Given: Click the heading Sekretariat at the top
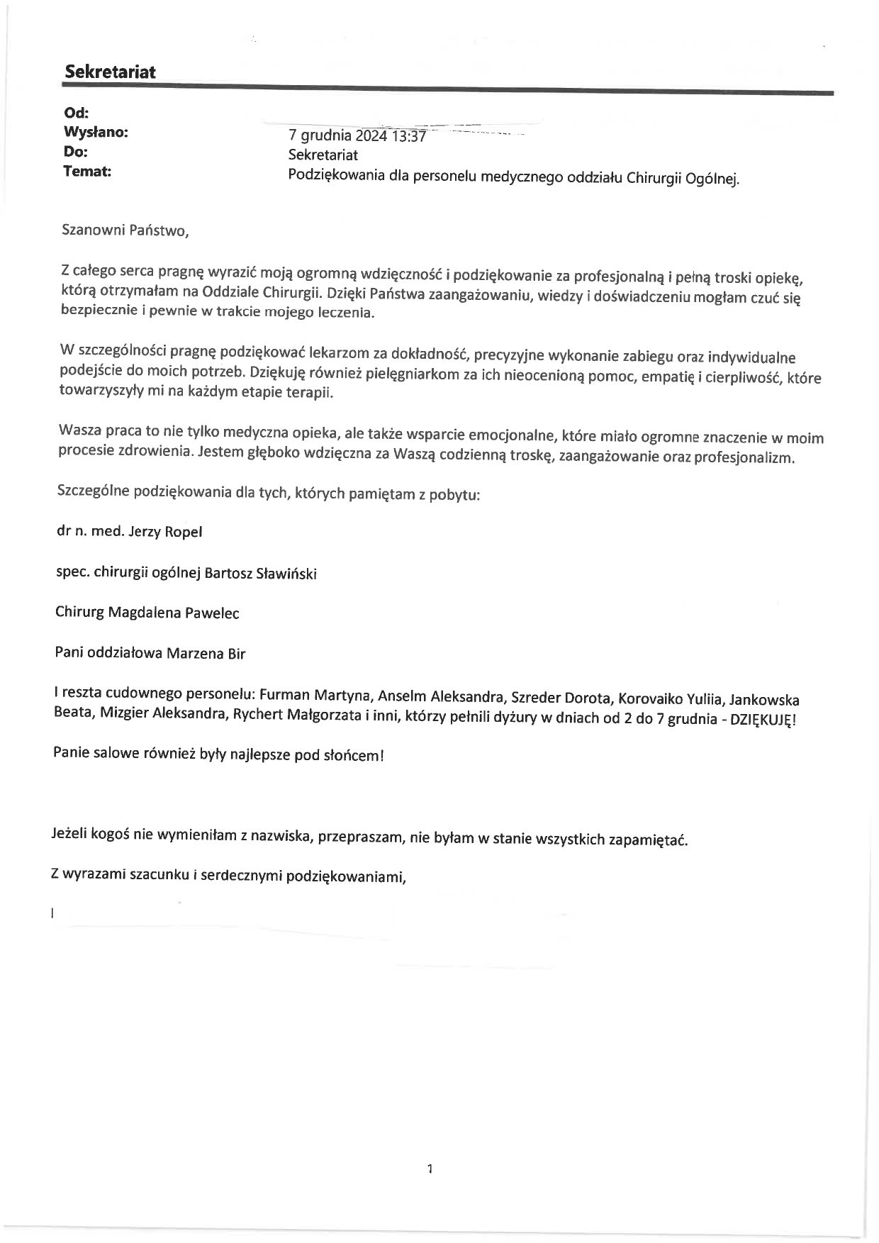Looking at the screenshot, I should (110, 72).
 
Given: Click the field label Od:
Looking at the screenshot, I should (76, 113).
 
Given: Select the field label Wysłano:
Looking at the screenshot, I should (96, 133).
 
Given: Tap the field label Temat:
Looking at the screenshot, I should (87, 172).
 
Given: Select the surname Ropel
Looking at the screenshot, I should (184, 532).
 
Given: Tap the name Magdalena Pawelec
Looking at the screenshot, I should (173, 613).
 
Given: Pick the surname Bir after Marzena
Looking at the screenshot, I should (236, 654).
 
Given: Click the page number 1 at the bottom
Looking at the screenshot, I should (430, 1169).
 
